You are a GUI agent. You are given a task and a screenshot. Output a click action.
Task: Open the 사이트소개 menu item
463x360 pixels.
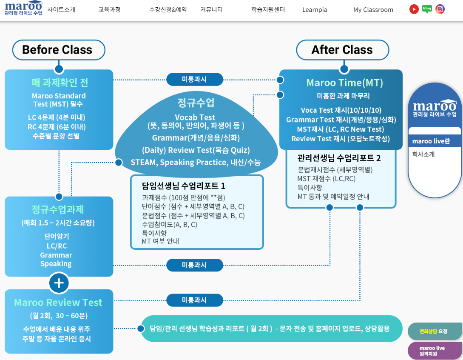pos(61,10)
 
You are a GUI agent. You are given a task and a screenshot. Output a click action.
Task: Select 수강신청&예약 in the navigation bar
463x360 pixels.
pos(168,10)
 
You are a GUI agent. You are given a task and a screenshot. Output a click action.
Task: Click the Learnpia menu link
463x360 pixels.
pos(315,10)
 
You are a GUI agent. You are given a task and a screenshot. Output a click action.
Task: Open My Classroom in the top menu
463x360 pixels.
pos(373,10)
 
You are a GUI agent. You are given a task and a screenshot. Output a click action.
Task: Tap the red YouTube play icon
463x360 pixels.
pos(414,9)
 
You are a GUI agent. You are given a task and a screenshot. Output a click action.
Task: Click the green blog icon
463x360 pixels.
pos(427,9)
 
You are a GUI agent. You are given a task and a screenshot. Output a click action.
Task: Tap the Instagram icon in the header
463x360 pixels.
pos(440,9)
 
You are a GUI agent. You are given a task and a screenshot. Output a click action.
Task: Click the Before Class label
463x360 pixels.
pos(57,50)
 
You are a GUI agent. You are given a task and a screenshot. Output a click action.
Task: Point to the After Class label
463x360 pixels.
pos(342,50)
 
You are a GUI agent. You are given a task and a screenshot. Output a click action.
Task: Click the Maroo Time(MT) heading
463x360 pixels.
pos(345,83)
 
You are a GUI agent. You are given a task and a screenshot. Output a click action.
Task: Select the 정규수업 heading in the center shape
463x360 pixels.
pos(196,103)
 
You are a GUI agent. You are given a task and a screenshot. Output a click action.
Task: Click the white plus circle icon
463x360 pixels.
pos(59,283)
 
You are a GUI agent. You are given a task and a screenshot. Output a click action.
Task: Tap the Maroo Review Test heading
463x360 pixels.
pos(58,303)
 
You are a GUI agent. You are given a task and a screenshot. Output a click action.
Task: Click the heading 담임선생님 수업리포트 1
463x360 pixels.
pos(184,186)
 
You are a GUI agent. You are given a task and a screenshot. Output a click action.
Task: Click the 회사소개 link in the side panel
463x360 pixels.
pos(423,154)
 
